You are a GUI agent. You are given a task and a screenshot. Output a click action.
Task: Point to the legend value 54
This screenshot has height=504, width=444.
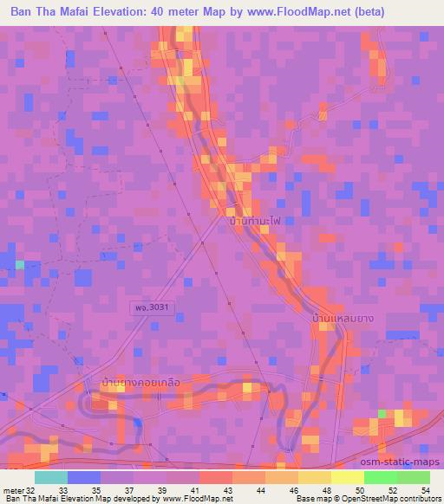pyautogui.click(x=425, y=489)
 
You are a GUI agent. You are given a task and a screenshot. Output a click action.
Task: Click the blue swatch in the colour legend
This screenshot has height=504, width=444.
pyautogui.click(x=83, y=477)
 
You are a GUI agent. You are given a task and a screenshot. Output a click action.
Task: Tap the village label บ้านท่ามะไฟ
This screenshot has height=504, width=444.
pyautogui.click(x=258, y=222)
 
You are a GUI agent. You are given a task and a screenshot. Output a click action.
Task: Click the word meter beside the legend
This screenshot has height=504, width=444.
pyautogui.click(x=14, y=489)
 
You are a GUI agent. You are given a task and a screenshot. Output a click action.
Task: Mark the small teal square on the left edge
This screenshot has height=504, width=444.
pyautogui.click(x=19, y=264)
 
